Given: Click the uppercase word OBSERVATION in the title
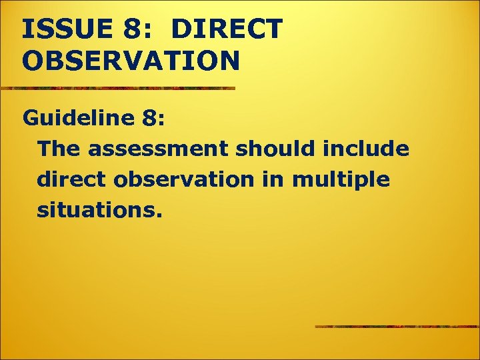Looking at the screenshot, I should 131,61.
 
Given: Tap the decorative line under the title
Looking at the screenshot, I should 117,88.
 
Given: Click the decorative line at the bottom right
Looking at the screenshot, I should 397,327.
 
